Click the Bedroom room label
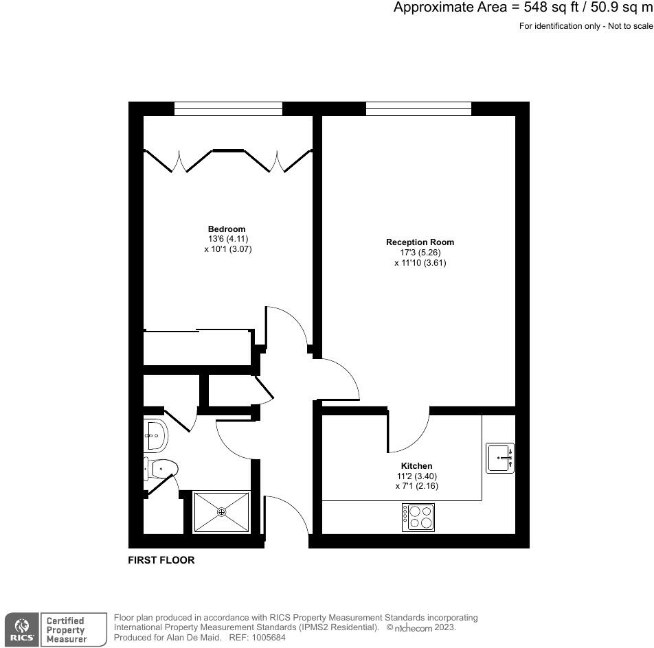click(x=227, y=229)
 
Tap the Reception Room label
click(x=420, y=242)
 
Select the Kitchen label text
click(x=417, y=466)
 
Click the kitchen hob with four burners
click(x=418, y=517)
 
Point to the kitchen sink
click(x=500, y=458)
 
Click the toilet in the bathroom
click(x=162, y=470)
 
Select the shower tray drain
click(x=222, y=511)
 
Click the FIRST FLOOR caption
click(x=161, y=560)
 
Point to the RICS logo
click(x=21, y=629)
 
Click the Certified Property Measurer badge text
click(x=65, y=629)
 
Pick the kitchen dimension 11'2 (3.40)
click(x=417, y=476)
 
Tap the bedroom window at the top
click(x=228, y=108)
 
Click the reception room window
click(x=418, y=108)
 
